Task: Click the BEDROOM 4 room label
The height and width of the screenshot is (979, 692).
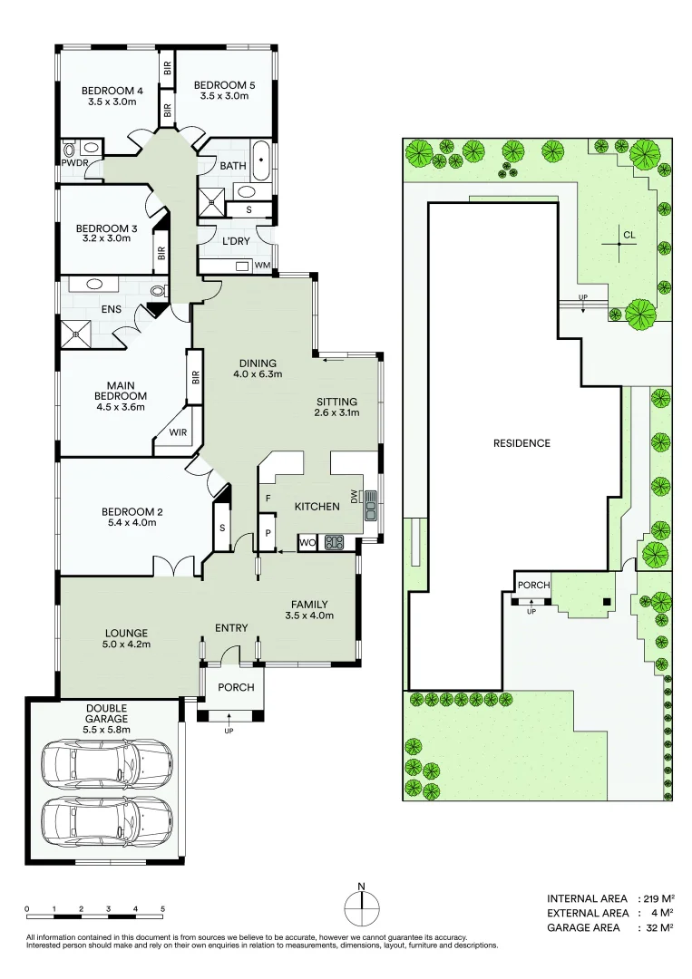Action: [x=112, y=90]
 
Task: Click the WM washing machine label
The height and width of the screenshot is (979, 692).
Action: [x=261, y=266]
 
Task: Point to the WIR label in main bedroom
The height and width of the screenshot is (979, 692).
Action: [x=178, y=432]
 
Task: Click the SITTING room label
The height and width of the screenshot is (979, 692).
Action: [x=336, y=402]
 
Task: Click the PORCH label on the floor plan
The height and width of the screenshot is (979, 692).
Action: [x=235, y=687]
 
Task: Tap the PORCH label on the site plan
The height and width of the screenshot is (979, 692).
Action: [x=533, y=586]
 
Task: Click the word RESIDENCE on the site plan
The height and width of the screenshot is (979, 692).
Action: [x=521, y=443]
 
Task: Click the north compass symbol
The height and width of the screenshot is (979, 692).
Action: [x=361, y=906]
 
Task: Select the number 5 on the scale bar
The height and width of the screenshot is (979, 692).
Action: [x=162, y=908]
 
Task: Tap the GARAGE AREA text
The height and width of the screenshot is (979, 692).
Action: [x=583, y=927]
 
